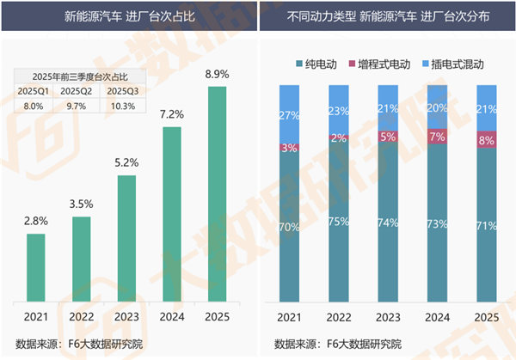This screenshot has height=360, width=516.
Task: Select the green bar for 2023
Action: pos(126,241)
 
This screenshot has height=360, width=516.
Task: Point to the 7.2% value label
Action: pos(172,113)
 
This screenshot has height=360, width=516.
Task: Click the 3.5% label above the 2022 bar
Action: pos(82,204)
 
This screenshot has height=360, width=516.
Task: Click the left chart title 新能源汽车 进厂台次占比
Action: pos(127,16)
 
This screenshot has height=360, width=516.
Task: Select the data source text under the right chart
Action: pos(338,344)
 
